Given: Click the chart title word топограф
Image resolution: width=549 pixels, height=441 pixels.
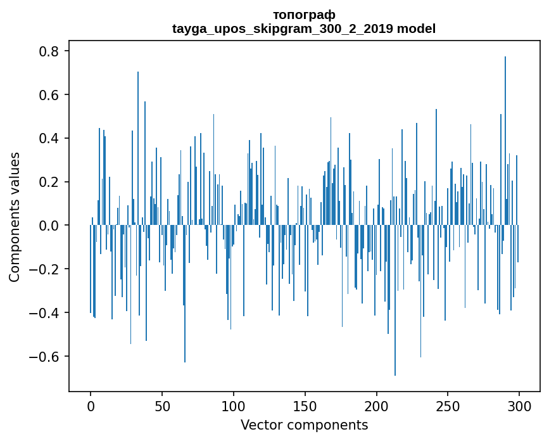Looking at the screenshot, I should [x=304, y=15].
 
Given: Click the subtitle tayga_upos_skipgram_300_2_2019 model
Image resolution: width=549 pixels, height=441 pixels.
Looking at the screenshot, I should [x=304, y=29].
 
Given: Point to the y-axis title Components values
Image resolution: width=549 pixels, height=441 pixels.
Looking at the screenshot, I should [x=15, y=217].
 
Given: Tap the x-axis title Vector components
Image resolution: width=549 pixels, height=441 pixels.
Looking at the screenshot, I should [x=304, y=425].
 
